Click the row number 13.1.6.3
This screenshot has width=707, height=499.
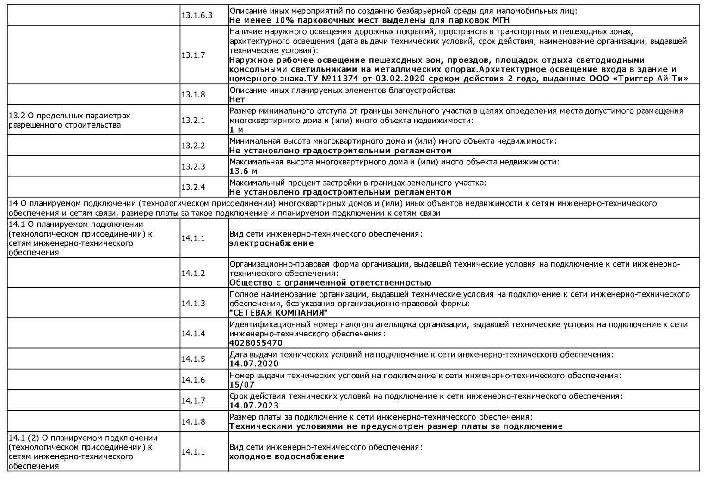point(197,15)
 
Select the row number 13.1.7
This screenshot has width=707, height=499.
point(193,55)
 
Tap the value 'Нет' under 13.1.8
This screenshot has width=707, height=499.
point(237,99)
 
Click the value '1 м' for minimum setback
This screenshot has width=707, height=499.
point(236,130)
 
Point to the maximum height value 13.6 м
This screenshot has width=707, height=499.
point(243,171)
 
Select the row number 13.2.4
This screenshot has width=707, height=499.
point(193,187)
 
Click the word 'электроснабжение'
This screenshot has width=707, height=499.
point(271,243)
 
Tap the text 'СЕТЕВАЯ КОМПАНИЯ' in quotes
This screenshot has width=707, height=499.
point(275,313)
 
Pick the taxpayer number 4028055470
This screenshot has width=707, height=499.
point(256,343)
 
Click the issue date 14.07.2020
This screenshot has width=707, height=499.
point(254,364)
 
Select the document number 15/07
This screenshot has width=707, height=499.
point(242,384)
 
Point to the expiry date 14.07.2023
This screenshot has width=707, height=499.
point(254,406)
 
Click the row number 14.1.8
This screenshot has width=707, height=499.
point(193,421)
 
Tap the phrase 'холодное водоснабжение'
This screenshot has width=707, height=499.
point(287,456)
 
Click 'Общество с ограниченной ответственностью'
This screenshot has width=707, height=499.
point(330,283)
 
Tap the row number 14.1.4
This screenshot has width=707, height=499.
point(193,333)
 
